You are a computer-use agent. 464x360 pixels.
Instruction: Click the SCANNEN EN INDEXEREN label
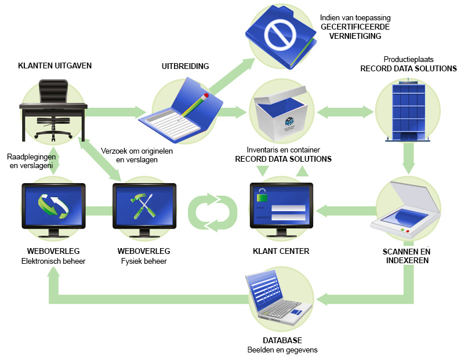click(x=406, y=256)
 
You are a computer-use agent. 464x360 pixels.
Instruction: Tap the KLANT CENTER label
click(x=281, y=252)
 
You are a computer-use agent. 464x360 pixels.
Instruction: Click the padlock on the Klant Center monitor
click(x=262, y=194)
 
